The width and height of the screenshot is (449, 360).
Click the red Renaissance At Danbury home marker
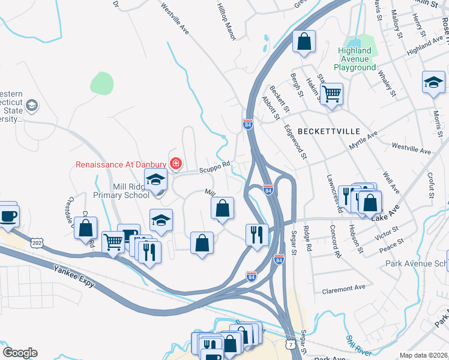(175, 163)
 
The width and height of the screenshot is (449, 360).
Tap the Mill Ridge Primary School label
(121, 191)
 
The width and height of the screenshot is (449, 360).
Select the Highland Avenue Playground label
(355, 59)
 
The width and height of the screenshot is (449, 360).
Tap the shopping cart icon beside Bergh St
(331, 94)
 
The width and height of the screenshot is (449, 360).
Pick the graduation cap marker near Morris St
(433, 82)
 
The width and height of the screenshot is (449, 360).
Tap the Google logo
(20, 353)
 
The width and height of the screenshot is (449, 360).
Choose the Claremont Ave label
(343, 288)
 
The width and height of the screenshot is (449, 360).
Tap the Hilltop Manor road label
(226, 20)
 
